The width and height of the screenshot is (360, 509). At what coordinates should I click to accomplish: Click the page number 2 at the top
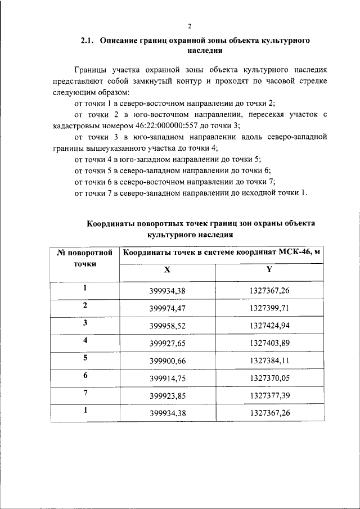click(190, 26)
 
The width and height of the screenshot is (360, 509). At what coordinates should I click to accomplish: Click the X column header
click(167, 269)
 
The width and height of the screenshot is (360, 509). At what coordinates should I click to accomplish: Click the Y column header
click(269, 269)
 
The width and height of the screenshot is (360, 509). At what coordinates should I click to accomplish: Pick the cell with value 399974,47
click(167, 309)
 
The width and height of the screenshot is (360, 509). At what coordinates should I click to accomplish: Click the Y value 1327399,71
click(269, 309)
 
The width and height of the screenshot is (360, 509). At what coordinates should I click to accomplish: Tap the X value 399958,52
click(167, 326)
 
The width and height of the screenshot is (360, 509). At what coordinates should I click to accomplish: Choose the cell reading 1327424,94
click(269, 326)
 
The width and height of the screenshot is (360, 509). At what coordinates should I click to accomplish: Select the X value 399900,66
click(167, 361)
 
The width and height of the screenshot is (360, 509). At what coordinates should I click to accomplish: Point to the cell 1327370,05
click(269, 378)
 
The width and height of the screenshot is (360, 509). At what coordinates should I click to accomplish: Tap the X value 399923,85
click(167, 395)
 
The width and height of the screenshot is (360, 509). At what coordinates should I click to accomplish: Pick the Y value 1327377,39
click(269, 395)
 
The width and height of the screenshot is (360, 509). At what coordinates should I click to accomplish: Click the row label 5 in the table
click(85, 358)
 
